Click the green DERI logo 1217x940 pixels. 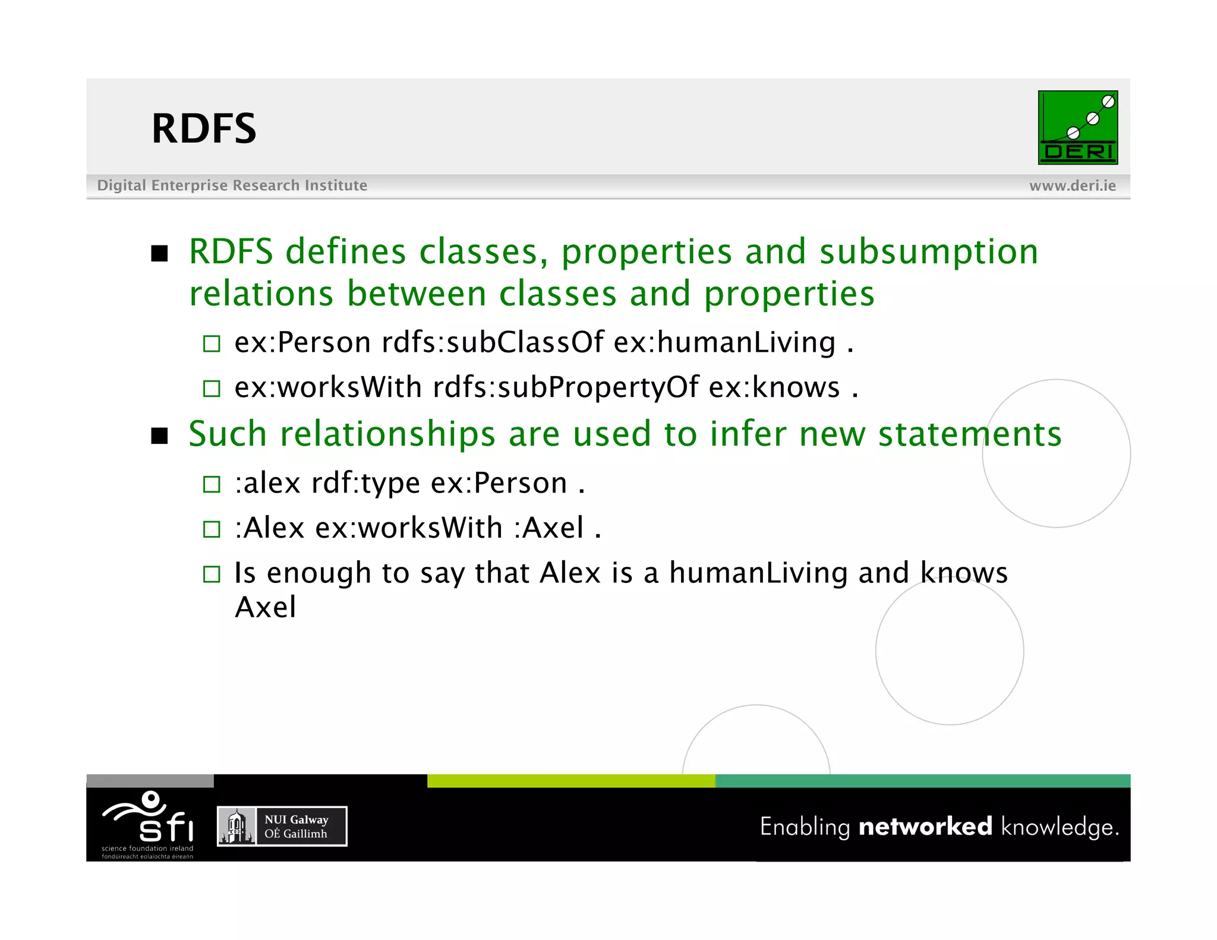1077,128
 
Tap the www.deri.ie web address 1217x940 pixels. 1072,186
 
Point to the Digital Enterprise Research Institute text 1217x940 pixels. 232,185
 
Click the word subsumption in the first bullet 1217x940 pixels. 929,252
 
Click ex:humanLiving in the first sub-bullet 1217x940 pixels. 724,343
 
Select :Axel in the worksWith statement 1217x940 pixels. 548,528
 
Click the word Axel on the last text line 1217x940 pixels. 265,607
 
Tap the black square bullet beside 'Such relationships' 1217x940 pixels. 159,436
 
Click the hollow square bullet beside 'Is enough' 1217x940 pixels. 212,574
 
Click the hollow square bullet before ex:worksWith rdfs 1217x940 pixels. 212,389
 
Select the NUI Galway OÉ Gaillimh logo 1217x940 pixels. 282,826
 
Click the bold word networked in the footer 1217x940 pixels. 925,827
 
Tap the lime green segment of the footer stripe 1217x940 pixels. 570,781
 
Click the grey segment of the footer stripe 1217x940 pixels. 150,781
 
